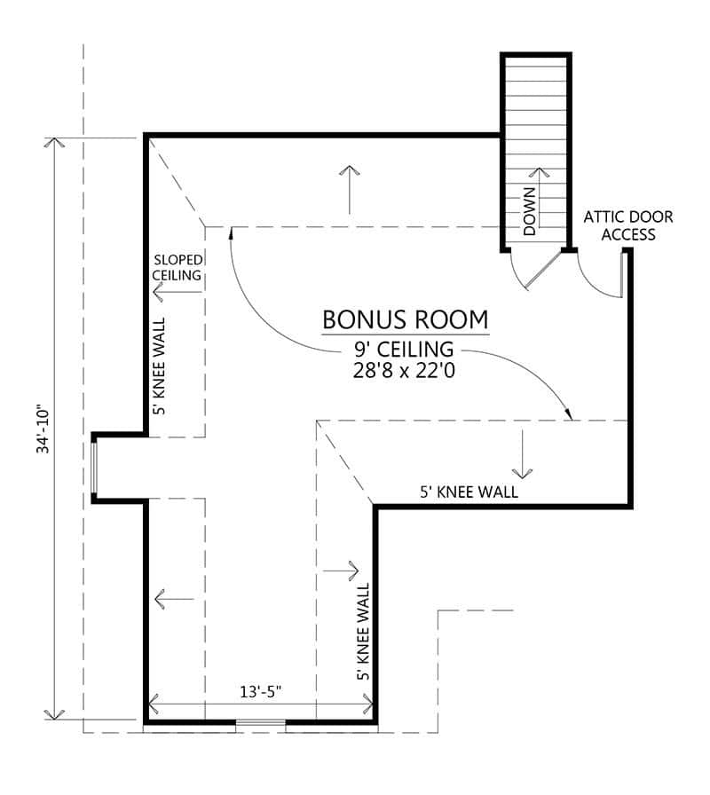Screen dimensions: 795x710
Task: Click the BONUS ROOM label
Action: click(405, 319)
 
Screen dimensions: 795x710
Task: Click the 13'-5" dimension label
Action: click(260, 692)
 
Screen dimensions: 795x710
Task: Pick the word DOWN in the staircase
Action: click(529, 211)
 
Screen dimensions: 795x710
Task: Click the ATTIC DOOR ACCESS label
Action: click(627, 225)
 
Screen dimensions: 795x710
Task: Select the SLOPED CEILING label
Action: click(177, 267)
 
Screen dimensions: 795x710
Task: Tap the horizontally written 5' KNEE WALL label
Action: click(469, 492)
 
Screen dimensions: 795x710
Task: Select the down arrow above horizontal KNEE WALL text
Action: click(524, 453)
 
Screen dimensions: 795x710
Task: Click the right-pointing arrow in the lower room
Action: click(342, 568)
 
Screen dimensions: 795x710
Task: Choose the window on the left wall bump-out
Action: click(95, 468)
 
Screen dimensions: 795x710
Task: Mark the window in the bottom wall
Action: click(260, 724)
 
